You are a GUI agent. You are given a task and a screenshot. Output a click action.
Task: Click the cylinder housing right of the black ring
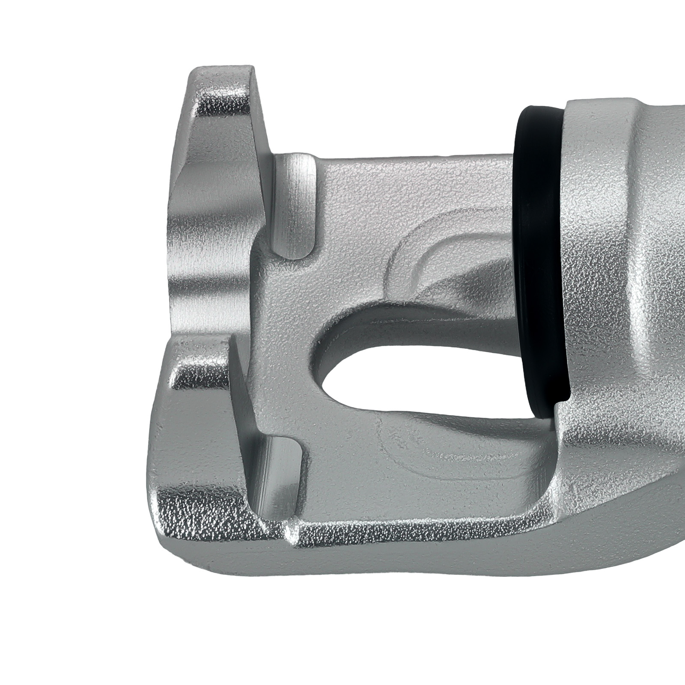pos(621,257)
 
